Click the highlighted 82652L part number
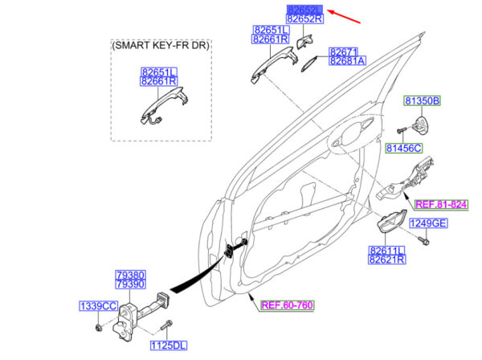(x=304, y=10)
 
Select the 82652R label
(x=304, y=18)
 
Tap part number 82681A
(x=347, y=61)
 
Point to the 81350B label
(x=422, y=100)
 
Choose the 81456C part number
(x=404, y=148)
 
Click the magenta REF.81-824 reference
(x=441, y=204)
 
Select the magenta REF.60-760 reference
(x=287, y=305)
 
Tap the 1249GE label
(x=428, y=223)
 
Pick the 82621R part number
(x=386, y=260)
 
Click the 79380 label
(x=130, y=275)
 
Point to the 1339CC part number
(x=98, y=306)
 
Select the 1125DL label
(x=169, y=346)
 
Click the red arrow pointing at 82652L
(x=344, y=17)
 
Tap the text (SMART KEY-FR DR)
(x=161, y=45)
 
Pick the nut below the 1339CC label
(x=98, y=327)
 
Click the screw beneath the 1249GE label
(x=423, y=240)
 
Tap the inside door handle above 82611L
(x=391, y=222)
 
